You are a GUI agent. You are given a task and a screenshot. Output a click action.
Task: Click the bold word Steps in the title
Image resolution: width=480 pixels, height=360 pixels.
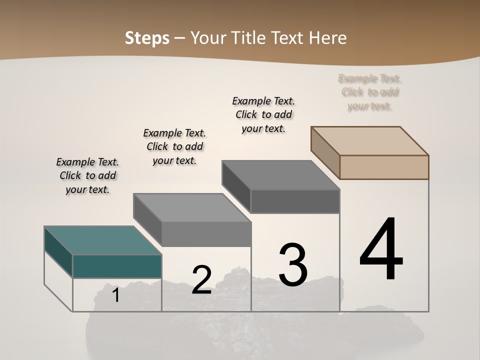147,38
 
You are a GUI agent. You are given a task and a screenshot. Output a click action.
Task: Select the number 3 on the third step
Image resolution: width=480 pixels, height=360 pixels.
293,265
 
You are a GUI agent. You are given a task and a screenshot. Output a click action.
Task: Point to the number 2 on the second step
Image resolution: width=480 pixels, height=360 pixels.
202,280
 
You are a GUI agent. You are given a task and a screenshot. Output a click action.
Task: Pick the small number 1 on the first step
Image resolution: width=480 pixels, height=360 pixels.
115,295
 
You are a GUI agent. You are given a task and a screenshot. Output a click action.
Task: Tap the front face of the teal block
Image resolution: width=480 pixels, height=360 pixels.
117,266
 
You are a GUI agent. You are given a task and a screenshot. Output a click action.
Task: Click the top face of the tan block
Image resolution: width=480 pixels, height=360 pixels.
370,140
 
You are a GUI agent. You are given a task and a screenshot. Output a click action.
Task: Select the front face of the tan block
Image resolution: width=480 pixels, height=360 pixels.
384,167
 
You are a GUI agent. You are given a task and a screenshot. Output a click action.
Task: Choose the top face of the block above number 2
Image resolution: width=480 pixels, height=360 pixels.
192,207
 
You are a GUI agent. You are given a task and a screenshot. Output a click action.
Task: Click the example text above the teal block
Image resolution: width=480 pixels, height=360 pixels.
87,176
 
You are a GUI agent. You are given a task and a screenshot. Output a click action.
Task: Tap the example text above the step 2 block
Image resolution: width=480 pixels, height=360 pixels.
174,147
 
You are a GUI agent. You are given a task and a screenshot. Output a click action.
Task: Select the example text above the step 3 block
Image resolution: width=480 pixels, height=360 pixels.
263,115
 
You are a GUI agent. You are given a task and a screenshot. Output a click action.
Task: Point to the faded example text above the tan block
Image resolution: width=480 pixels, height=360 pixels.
369,92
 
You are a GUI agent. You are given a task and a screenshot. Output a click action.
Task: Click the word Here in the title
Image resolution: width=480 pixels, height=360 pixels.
328,38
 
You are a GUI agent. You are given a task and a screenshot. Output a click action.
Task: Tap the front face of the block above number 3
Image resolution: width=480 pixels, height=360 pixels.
295,201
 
